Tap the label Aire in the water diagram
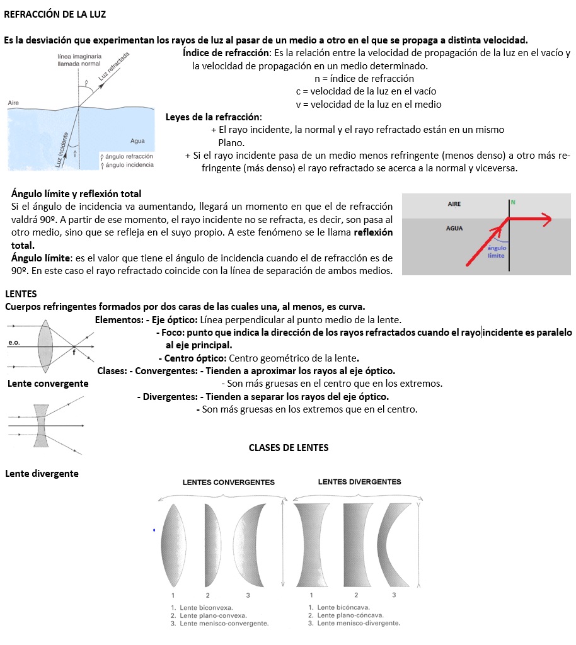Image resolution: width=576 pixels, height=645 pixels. (x=13, y=103)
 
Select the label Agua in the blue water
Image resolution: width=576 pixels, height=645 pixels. (x=137, y=141)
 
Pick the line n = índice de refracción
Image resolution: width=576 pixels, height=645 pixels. (x=364, y=79)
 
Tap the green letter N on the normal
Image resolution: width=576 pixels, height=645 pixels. (x=513, y=202)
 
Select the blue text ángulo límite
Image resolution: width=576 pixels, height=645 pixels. (x=497, y=252)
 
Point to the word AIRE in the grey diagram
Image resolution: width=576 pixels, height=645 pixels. (x=454, y=205)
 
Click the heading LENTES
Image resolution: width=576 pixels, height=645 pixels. (x=21, y=294)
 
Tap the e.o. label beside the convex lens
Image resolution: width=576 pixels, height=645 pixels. (x=15, y=343)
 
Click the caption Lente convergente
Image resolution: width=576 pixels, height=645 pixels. (x=48, y=384)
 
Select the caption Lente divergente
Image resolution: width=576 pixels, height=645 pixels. (x=42, y=473)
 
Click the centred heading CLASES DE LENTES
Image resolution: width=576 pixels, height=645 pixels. (x=289, y=448)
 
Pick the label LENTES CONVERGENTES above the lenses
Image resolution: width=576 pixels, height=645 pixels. (x=228, y=482)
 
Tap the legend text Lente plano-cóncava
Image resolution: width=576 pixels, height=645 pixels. (x=350, y=615)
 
